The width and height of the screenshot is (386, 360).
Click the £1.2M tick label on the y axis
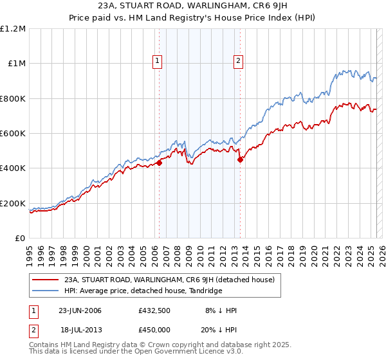tap(13, 29)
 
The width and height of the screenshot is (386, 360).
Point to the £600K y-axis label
tap(13, 134)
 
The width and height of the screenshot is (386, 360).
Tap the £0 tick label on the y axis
tap(19, 239)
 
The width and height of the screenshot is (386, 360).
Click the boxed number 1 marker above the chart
tap(158, 61)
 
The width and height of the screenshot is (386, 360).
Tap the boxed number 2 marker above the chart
tap(238, 61)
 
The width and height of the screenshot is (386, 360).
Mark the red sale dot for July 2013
tap(240, 160)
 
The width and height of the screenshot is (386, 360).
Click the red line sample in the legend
tap(45, 280)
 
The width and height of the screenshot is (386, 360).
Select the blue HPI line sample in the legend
tap(45, 291)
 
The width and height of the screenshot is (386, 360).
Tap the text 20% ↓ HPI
tap(217, 328)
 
